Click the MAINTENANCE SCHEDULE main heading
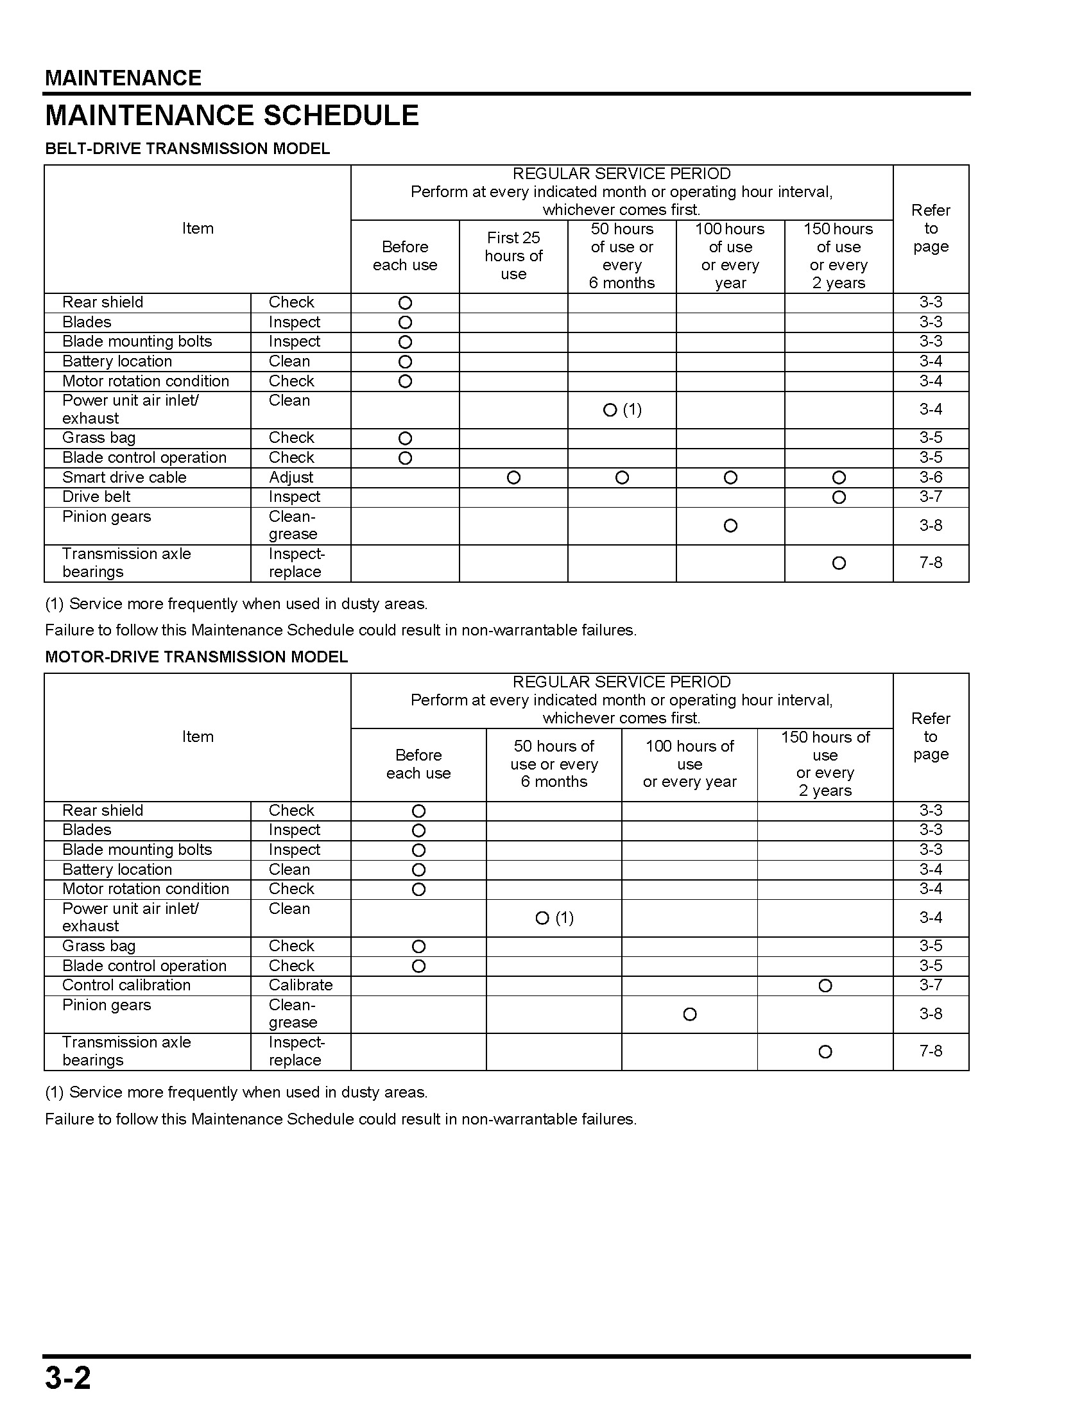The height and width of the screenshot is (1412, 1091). click(x=232, y=116)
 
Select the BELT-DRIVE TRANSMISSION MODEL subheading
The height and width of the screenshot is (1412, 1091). click(x=187, y=149)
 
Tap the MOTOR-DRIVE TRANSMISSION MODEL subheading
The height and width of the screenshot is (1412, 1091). click(x=196, y=657)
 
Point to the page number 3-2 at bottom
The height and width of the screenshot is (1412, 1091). click(x=68, y=1378)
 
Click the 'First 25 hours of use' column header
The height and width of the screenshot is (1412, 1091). click(x=513, y=256)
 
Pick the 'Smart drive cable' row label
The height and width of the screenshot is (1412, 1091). click(x=124, y=477)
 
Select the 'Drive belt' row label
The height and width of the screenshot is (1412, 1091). click(x=96, y=497)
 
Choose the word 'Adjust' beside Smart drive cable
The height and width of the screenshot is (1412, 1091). click(x=291, y=477)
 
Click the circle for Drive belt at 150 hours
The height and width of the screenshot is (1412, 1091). click(x=838, y=497)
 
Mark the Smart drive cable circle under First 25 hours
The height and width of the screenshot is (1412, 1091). click(x=513, y=478)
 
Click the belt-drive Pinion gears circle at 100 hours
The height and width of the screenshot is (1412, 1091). click(x=730, y=526)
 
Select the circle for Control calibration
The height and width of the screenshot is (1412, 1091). click(x=825, y=985)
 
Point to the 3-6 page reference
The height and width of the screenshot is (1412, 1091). click(x=931, y=477)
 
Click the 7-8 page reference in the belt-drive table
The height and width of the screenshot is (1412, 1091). click(x=931, y=562)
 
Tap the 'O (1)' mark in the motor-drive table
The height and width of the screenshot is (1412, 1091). click(x=554, y=918)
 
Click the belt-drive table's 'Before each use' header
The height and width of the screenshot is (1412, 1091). click(x=404, y=256)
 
